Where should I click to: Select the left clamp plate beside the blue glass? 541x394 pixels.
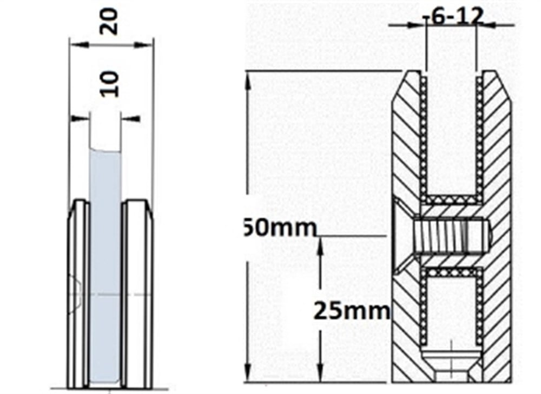pyautogui.click(x=79, y=295)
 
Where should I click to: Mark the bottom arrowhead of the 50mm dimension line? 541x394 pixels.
pyautogui.click(x=248, y=375)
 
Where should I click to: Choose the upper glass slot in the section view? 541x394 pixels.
pyautogui.click(x=451, y=135)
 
